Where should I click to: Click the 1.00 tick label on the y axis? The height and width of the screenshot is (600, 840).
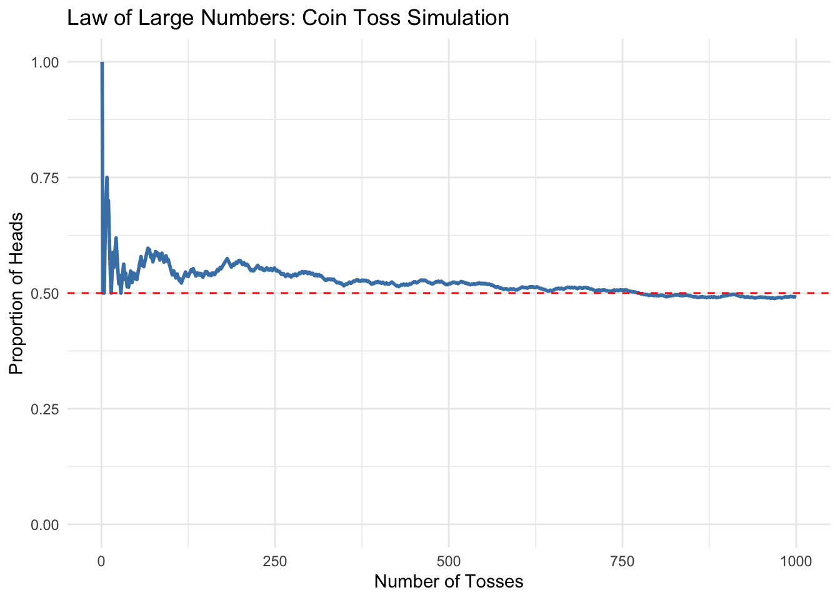(46, 62)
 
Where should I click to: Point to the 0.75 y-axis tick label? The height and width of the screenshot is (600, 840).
(46, 177)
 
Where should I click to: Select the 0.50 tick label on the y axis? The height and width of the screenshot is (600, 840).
(46, 293)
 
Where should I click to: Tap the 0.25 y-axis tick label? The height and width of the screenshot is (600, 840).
(46, 409)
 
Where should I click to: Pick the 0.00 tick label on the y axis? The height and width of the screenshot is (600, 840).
(46, 524)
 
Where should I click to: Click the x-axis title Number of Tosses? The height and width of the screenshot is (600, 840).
(449, 582)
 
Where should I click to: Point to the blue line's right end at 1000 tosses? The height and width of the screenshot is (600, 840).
(795, 297)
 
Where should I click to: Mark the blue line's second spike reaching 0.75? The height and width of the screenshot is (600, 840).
(107, 178)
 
